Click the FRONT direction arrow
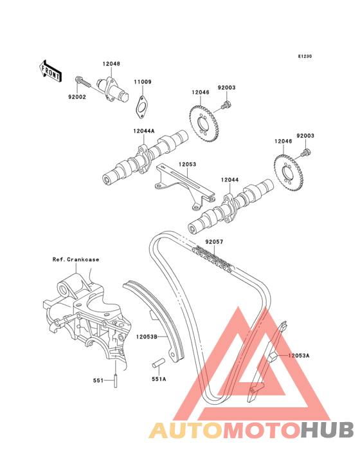tap(50, 71)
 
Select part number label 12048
tap(111, 64)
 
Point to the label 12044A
tap(144, 131)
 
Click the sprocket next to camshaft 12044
tap(289, 172)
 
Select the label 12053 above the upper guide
tap(188, 164)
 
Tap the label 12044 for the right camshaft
tap(230, 180)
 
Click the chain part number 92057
tap(214, 241)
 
